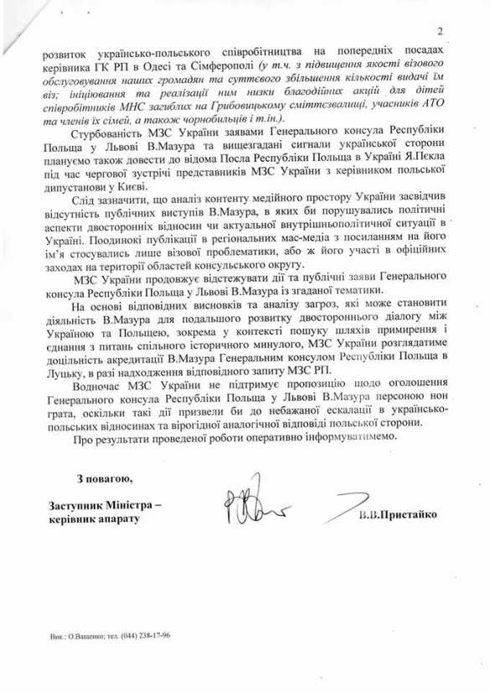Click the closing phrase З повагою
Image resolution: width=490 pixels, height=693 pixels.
point(102,479)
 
